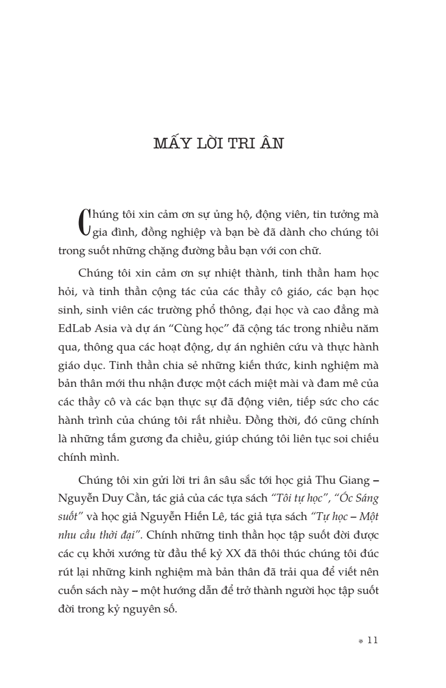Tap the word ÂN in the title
271,144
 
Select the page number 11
373,640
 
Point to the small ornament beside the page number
361,642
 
